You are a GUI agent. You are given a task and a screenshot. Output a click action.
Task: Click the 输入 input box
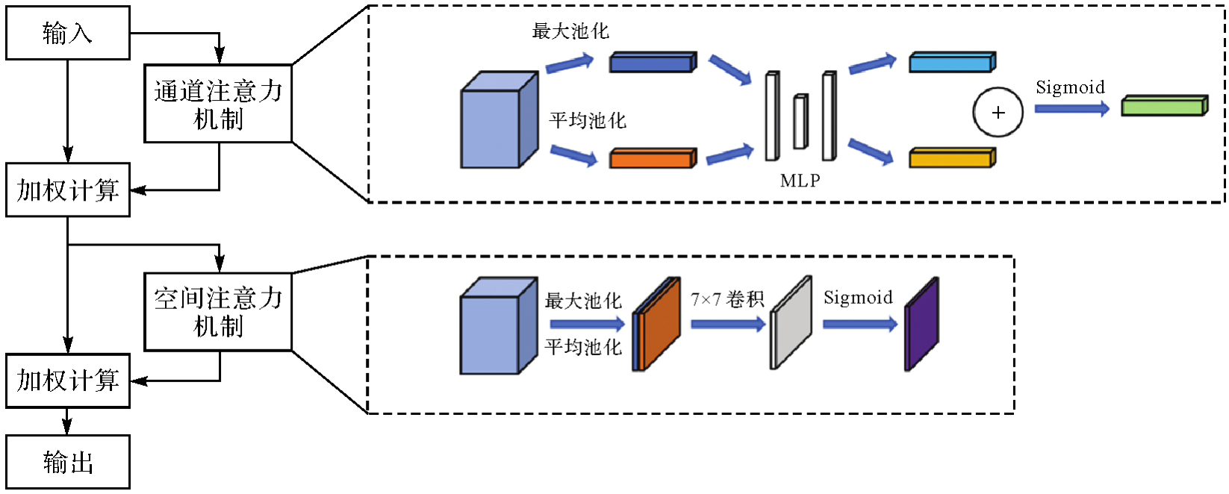[68, 33]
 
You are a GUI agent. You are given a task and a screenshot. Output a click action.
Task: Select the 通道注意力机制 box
[218, 104]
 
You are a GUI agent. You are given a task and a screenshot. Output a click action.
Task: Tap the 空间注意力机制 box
[218, 312]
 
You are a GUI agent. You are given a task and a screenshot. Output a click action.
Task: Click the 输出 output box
[68, 462]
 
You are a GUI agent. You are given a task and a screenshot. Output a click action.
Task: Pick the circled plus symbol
[998, 113]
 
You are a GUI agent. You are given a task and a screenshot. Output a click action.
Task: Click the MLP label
[800, 181]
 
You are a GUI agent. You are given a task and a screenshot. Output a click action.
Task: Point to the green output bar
[1164, 106]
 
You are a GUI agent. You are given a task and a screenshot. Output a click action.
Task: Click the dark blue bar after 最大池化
[653, 62]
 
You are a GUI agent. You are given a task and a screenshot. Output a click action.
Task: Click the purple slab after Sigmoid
[921, 325]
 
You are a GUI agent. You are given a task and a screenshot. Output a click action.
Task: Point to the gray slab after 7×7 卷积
[791, 323]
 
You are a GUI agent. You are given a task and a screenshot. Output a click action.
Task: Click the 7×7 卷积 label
[727, 299]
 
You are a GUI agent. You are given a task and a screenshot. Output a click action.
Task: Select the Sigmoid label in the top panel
[1070, 87]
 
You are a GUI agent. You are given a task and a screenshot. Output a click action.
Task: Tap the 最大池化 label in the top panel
[570, 31]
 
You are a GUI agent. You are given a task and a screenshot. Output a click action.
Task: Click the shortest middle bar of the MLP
[800, 122]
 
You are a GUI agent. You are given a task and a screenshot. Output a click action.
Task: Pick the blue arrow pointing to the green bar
[1071, 109]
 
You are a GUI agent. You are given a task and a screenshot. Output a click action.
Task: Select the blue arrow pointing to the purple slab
[859, 324]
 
